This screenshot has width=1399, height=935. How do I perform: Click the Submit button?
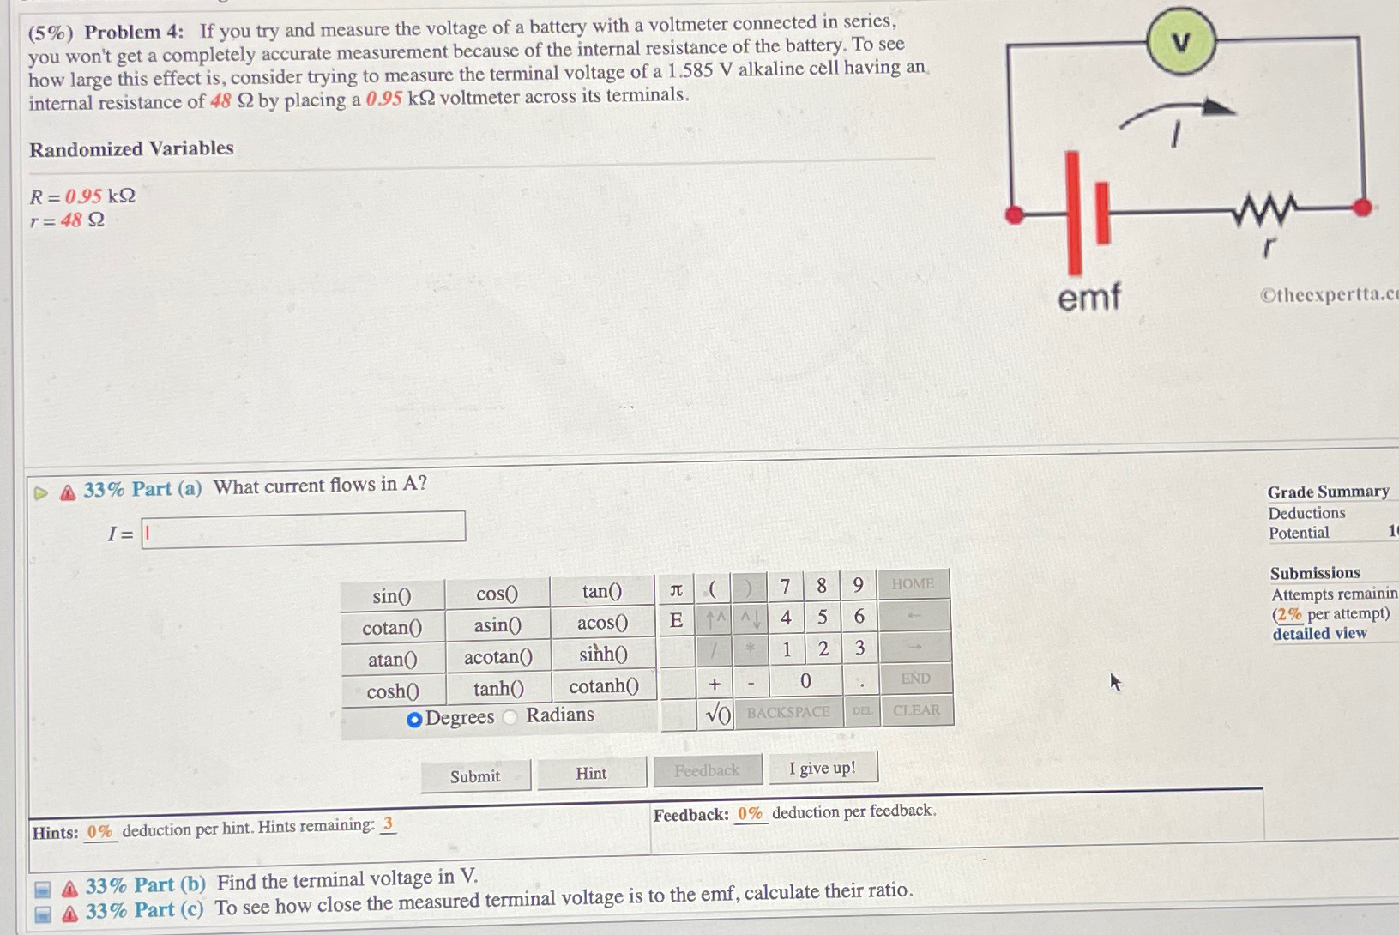coord(475,776)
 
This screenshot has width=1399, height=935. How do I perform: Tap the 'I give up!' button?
coord(822,769)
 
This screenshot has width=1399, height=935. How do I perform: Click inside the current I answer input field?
coord(304,528)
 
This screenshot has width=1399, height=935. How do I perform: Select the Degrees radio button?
coord(414,719)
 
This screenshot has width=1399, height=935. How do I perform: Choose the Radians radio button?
coord(511,717)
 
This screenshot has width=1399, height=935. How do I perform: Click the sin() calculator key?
coord(392,595)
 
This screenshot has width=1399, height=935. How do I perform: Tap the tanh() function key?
coord(498,689)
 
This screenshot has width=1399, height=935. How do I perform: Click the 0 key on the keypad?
coord(805,681)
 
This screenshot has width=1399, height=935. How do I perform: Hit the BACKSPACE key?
coord(787,712)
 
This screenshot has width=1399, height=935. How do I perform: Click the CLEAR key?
coord(916,710)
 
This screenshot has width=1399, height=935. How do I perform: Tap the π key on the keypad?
coord(676,589)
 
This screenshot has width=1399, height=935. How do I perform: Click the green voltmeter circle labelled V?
coord(1181,41)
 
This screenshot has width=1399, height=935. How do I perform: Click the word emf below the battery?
coord(1088,297)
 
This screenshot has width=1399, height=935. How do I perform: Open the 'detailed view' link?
coord(1319,634)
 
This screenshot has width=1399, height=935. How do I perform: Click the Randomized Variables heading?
coord(131,148)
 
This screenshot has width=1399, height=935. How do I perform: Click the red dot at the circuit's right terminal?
coord(1361,207)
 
